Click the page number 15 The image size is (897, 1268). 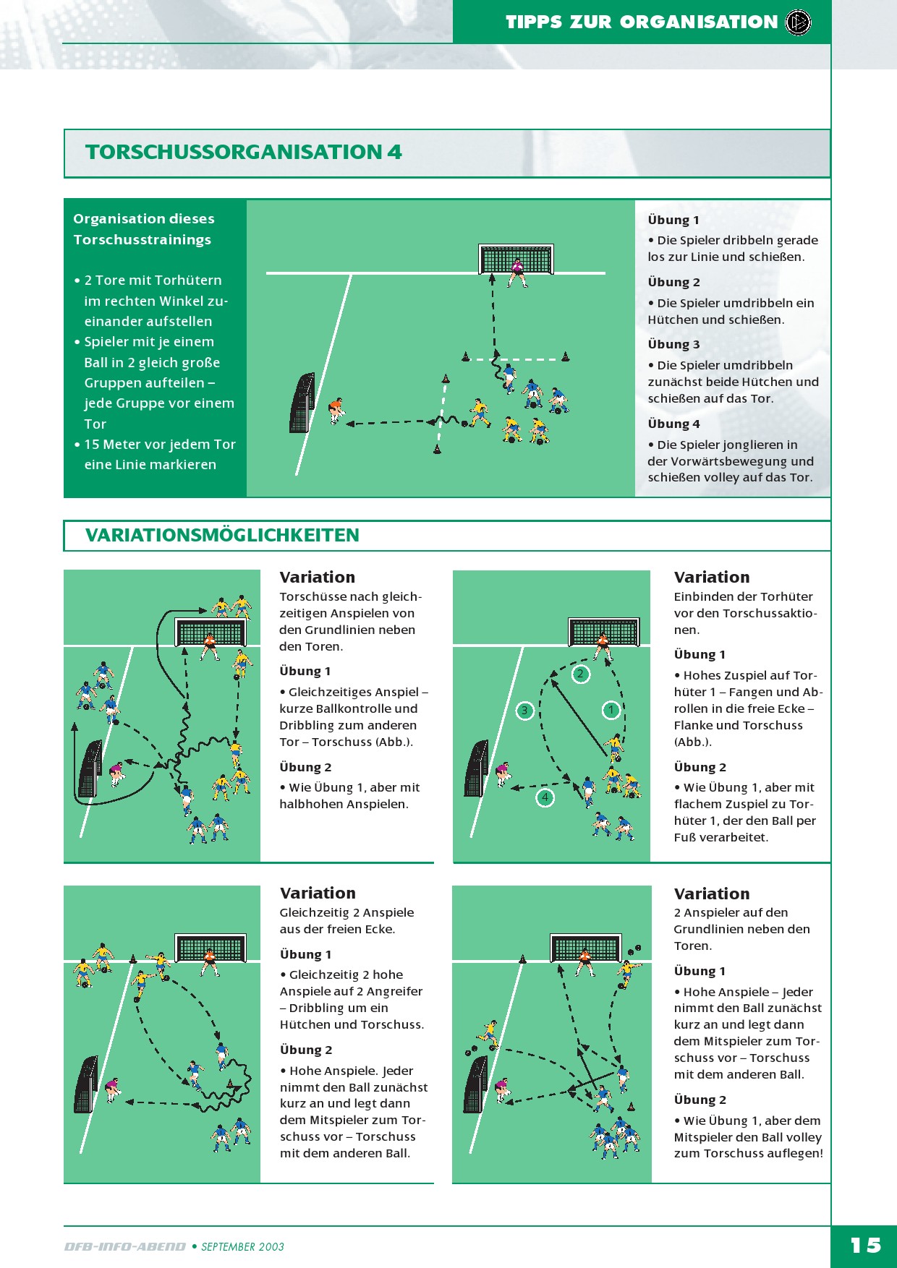click(865, 1246)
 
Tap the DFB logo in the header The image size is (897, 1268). click(799, 22)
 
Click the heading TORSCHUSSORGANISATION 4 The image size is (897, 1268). click(244, 152)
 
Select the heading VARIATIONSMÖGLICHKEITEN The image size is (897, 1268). click(222, 535)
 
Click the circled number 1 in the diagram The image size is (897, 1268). click(611, 710)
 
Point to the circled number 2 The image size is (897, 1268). click(580, 674)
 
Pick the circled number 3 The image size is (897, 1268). click(524, 711)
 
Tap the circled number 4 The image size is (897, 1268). click(545, 798)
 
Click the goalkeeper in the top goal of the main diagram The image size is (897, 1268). click(517, 273)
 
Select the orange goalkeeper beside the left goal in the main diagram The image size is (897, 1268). click(336, 410)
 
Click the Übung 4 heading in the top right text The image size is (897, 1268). click(673, 424)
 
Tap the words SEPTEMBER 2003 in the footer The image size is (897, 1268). click(242, 1247)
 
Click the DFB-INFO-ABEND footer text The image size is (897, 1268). click(125, 1247)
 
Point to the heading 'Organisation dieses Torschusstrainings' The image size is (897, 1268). click(143, 229)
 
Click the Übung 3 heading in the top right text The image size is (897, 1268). click(673, 344)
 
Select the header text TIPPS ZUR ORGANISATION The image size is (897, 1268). click(642, 22)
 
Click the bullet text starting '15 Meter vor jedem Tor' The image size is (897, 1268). click(160, 455)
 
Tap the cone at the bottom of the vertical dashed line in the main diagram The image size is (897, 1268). click(437, 450)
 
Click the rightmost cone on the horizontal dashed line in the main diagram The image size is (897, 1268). click(566, 356)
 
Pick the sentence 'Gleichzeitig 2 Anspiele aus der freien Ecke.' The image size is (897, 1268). click(347, 921)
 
